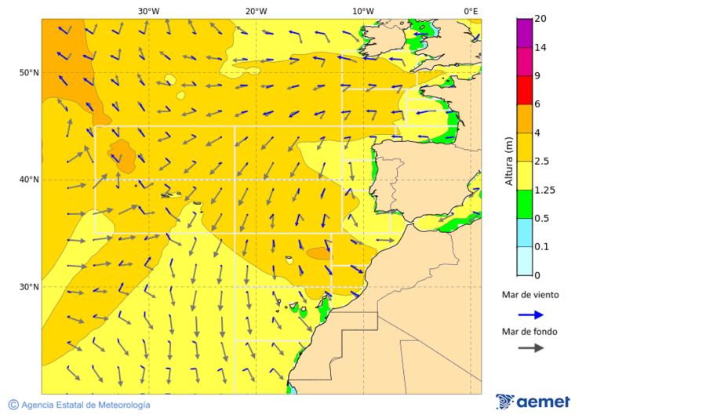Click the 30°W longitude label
pyautogui.click(x=148, y=11)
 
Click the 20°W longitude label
pyautogui.click(x=256, y=11)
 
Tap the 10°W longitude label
pyautogui.click(x=362, y=11)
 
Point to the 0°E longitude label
pyautogui.click(x=471, y=11)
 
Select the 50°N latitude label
pyautogui.click(x=29, y=73)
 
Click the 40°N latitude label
pyautogui.click(x=29, y=180)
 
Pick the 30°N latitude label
pyautogui.click(x=29, y=287)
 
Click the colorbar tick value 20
pyautogui.click(x=540, y=19)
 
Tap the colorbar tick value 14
pyautogui.click(x=540, y=48)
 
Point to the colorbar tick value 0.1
pyautogui.click(x=541, y=247)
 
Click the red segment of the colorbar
pyautogui.click(x=524, y=90)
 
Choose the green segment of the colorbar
pyautogui.click(x=524, y=204)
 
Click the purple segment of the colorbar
pyautogui.click(x=524, y=33)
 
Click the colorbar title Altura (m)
pyautogui.click(x=508, y=161)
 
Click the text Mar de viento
pyautogui.click(x=530, y=295)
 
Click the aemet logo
pyautogui.click(x=533, y=402)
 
